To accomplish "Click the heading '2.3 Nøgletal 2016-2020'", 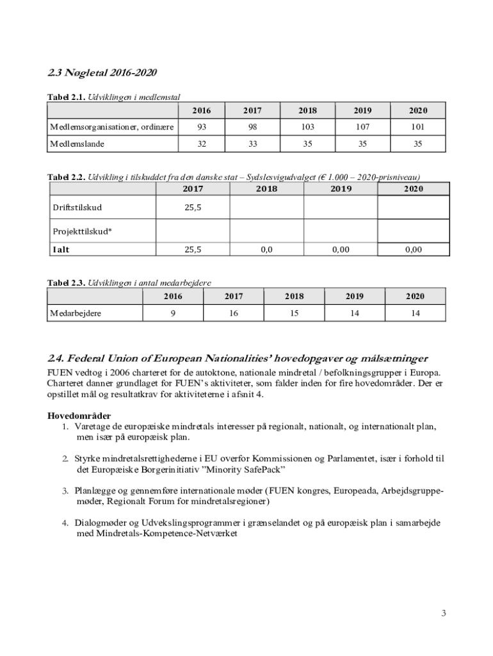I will click(102, 72).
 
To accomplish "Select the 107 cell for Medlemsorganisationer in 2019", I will click(362, 127).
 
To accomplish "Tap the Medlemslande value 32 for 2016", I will click(202, 143).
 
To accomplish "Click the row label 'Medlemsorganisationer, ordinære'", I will click(112, 127).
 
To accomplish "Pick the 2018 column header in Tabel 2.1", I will click(307, 111).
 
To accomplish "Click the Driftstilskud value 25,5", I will click(193, 208).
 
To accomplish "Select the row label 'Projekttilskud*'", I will click(82, 231).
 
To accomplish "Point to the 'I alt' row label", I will click(61, 250).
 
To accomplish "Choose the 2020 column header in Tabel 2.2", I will click(414, 189).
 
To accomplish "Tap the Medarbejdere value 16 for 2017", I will click(234, 313).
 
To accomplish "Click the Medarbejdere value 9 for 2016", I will click(173, 313).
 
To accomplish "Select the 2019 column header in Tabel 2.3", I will click(355, 297).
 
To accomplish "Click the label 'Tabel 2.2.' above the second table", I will click(67, 177).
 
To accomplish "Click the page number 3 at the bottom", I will click(443, 613).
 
